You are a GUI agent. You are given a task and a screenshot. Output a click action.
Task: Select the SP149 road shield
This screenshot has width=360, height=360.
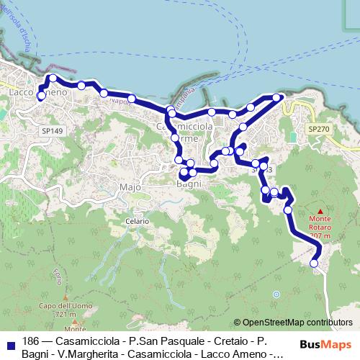click(53, 131)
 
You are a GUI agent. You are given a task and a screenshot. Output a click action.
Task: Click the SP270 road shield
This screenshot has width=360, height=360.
click(318, 128)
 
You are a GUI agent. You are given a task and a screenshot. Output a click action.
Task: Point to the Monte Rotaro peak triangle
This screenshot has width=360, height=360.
click(320, 211)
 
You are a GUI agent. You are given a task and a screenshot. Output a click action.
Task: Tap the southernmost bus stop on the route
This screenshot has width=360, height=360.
click(314, 264)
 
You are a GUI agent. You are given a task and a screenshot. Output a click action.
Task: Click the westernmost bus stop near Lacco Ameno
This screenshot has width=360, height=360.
click(41, 95)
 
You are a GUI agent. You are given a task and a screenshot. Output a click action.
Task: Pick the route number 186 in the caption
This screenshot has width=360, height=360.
click(31, 341)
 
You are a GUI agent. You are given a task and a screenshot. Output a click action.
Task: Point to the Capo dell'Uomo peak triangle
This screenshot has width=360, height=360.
click(66, 297)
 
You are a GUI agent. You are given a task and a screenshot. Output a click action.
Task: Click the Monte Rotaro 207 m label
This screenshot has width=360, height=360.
click(320, 226)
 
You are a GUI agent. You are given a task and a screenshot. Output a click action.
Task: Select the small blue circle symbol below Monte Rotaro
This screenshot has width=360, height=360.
click(276, 294)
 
